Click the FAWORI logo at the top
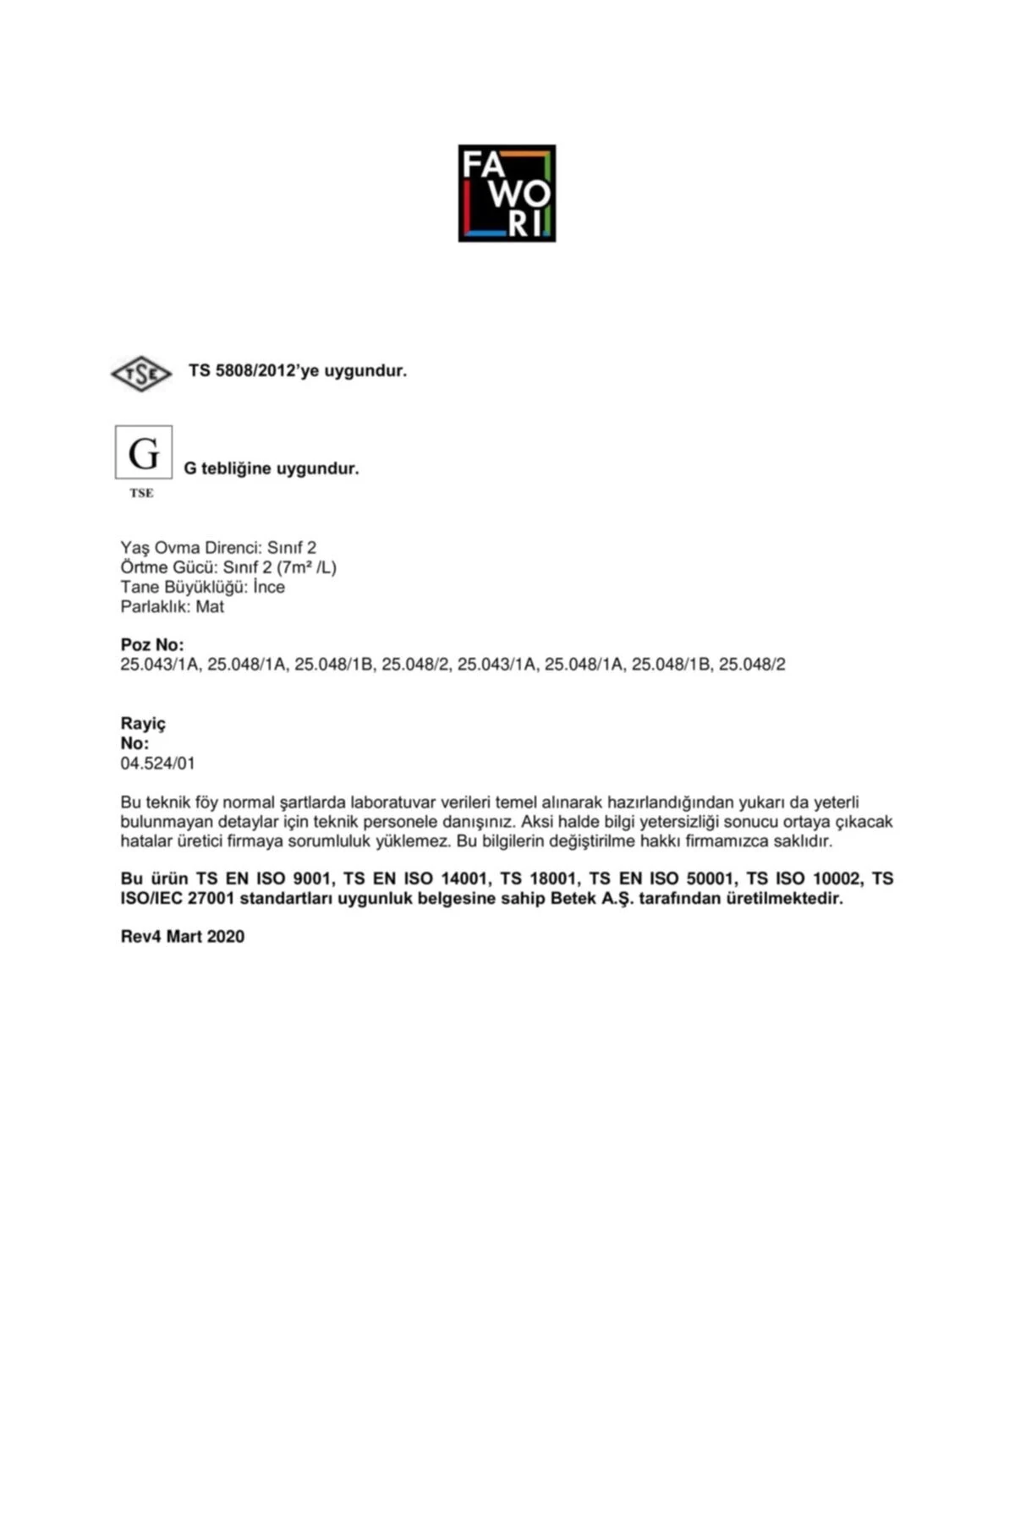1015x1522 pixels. tap(507, 193)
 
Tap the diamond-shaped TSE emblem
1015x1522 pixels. tap(141, 373)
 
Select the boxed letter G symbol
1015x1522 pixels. tap(144, 452)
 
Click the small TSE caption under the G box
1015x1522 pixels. tap(141, 493)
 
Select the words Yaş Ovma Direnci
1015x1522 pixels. tap(190, 548)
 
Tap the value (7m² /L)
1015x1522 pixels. tap(306, 567)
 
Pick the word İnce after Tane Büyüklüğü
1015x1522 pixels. tap(269, 587)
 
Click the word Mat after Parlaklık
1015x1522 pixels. tap(210, 606)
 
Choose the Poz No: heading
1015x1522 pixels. tap(152, 644)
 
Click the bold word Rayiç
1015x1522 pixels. tap(143, 723)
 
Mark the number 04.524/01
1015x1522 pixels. tap(157, 763)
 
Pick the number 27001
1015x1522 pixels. tap(211, 898)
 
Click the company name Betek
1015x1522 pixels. tap(573, 898)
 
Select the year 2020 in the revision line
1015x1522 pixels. tap(225, 936)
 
